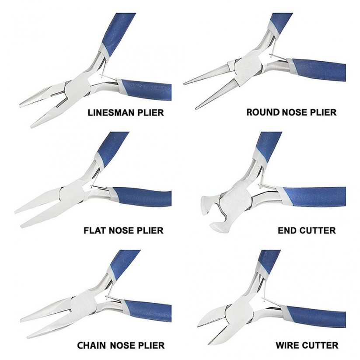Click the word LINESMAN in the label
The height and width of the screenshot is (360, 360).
108,112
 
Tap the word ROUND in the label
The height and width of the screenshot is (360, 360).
263,112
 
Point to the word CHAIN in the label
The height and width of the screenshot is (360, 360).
91,345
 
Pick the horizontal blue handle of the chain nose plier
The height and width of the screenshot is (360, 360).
147,311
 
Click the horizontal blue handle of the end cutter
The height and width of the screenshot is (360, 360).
313,197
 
